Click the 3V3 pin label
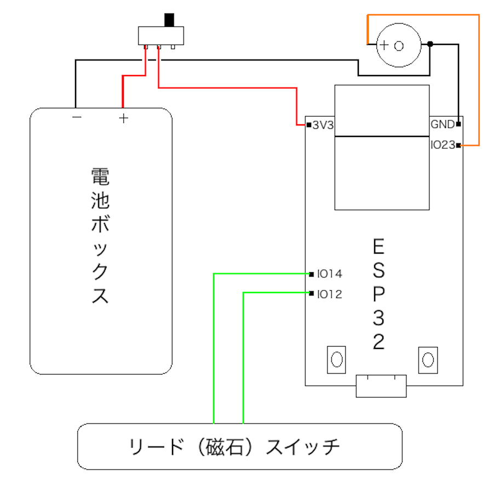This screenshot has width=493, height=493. (x=323, y=125)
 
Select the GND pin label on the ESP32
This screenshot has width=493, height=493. (x=442, y=124)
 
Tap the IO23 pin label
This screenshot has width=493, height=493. (x=442, y=145)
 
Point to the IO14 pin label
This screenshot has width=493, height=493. (x=329, y=273)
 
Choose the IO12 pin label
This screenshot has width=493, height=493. (x=329, y=294)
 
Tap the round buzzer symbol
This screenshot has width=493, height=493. (x=399, y=45)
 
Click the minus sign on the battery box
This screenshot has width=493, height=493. (x=77, y=117)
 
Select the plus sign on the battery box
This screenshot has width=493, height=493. (x=124, y=117)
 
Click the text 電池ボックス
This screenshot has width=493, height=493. (x=100, y=236)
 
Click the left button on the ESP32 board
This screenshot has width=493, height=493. (x=336, y=359)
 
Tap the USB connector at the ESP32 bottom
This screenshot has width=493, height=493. (x=381, y=386)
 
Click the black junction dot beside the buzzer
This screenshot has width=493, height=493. (x=431, y=44)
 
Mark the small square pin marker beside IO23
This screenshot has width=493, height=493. (x=458, y=145)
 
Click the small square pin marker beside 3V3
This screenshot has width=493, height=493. (x=309, y=125)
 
